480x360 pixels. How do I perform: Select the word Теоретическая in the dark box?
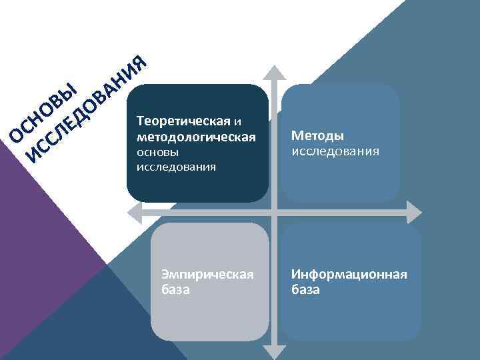pyautogui.click(x=183, y=122)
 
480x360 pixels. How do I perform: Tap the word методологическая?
pyautogui.click(x=195, y=137)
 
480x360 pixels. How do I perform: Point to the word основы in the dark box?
pyautogui.click(x=157, y=153)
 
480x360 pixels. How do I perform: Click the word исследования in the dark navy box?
pyautogui.click(x=175, y=167)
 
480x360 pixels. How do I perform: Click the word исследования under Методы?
pyautogui.click(x=335, y=151)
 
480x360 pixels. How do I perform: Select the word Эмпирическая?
pyautogui.click(x=207, y=275)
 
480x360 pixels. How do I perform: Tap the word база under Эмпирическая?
pyautogui.click(x=176, y=290)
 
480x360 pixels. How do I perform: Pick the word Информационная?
pyautogui.click(x=349, y=275)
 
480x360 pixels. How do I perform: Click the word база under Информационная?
pyautogui.click(x=305, y=290)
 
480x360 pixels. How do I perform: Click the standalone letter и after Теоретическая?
pyautogui.click(x=237, y=122)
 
